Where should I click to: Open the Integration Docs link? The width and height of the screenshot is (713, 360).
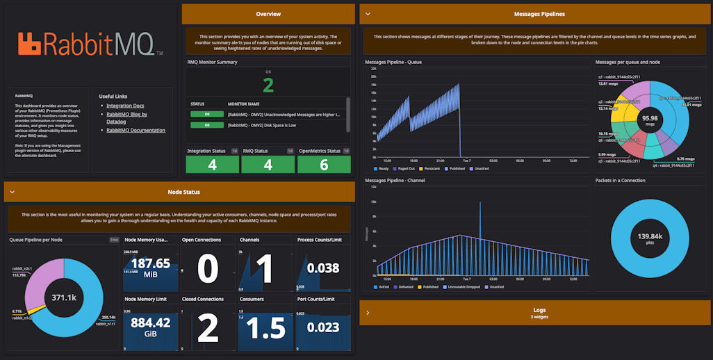pyautogui.click(x=125, y=106)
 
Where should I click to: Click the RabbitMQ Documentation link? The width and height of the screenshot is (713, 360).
pyautogui.click(x=136, y=130)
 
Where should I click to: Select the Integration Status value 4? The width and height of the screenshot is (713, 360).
pyautogui.click(x=212, y=165)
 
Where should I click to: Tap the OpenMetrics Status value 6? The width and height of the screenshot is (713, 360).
pyautogui.click(x=324, y=165)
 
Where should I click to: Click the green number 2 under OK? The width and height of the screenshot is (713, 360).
pyautogui.click(x=268, y=85)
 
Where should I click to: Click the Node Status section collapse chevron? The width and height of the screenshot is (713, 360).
pyautogui.click(x=12, y=192)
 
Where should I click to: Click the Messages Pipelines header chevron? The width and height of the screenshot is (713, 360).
pyautogui.click(x=368, y=14)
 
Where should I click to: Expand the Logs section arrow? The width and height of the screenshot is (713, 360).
pyautogui.click(x=368, y=313)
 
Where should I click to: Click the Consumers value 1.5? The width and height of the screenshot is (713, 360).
pyautogui.click(x=265, y=327)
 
